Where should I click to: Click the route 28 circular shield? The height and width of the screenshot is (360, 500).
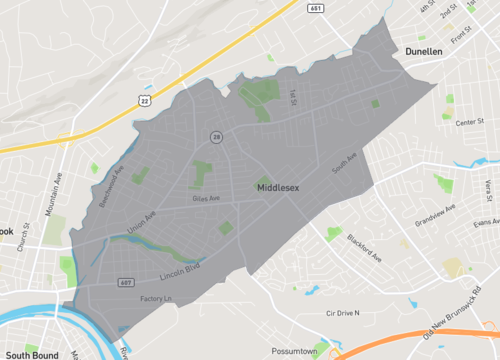(x=215, y=136)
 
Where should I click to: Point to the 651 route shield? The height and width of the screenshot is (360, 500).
(x=315, y=8)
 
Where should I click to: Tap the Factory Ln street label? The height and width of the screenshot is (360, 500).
(x=156, y=299)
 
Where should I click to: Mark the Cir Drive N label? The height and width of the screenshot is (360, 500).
(x=336, y=313)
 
